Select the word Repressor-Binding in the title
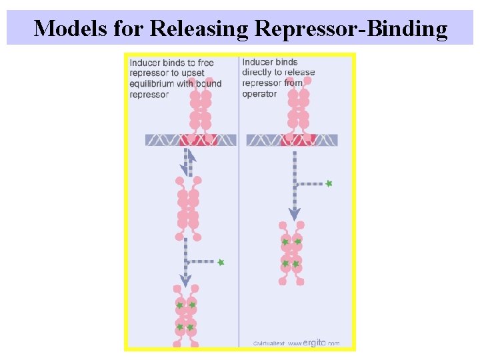(x=350, y=28)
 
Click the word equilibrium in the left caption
(x=152, y=83)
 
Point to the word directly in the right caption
(x=259, y=72)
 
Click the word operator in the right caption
(x=259, y=94)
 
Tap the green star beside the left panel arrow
(x=221, y=263)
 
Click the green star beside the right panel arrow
(x=329, y=183)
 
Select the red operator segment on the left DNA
(x=199, y=140)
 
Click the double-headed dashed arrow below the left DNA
(x=189, y=162)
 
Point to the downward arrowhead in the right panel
(x=294, y=213)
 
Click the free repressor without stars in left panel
(x=188, y=208)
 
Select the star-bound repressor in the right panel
(x=291, y=253)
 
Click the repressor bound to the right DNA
(x=298, y=107)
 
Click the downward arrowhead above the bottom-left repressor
(x=186, y=281)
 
